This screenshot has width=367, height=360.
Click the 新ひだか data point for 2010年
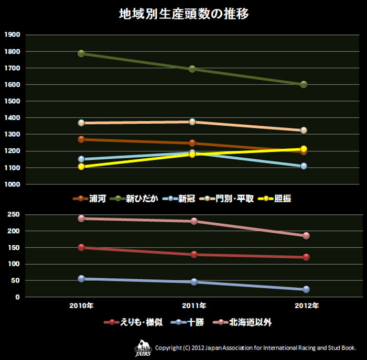[81, 53]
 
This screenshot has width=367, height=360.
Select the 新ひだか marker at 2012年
[304, 84]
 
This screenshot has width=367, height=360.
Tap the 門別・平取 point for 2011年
[192, 122]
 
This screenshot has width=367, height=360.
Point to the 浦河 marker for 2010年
[81, 139]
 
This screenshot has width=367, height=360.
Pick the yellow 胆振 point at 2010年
[81, 167]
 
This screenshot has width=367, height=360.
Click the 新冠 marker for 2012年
[304, 166]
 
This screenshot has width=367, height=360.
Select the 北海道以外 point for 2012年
[306, 236]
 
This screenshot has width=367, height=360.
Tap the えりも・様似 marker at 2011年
[194, 255]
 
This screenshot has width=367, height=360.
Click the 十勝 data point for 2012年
[306, 289]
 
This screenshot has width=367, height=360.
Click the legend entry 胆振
[285, 199]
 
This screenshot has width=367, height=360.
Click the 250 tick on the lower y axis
[14, 214]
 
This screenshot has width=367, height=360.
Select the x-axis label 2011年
[193, 305]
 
